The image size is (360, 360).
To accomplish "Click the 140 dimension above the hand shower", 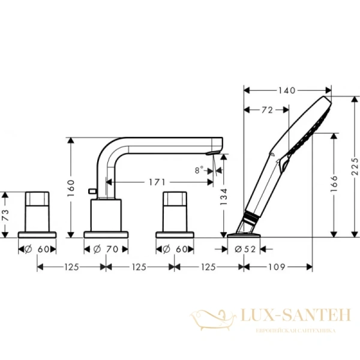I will tap(287, 91).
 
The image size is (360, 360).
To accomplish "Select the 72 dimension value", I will tap(267, 110).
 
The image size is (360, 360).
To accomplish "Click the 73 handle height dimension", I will tap(6, 215).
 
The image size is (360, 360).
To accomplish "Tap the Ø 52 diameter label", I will tap(245, 248).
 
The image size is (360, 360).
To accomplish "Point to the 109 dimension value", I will tap(277, 266).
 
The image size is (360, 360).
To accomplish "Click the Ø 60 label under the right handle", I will tap(175, 248).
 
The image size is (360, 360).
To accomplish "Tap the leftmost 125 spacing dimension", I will tap(71, 266).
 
